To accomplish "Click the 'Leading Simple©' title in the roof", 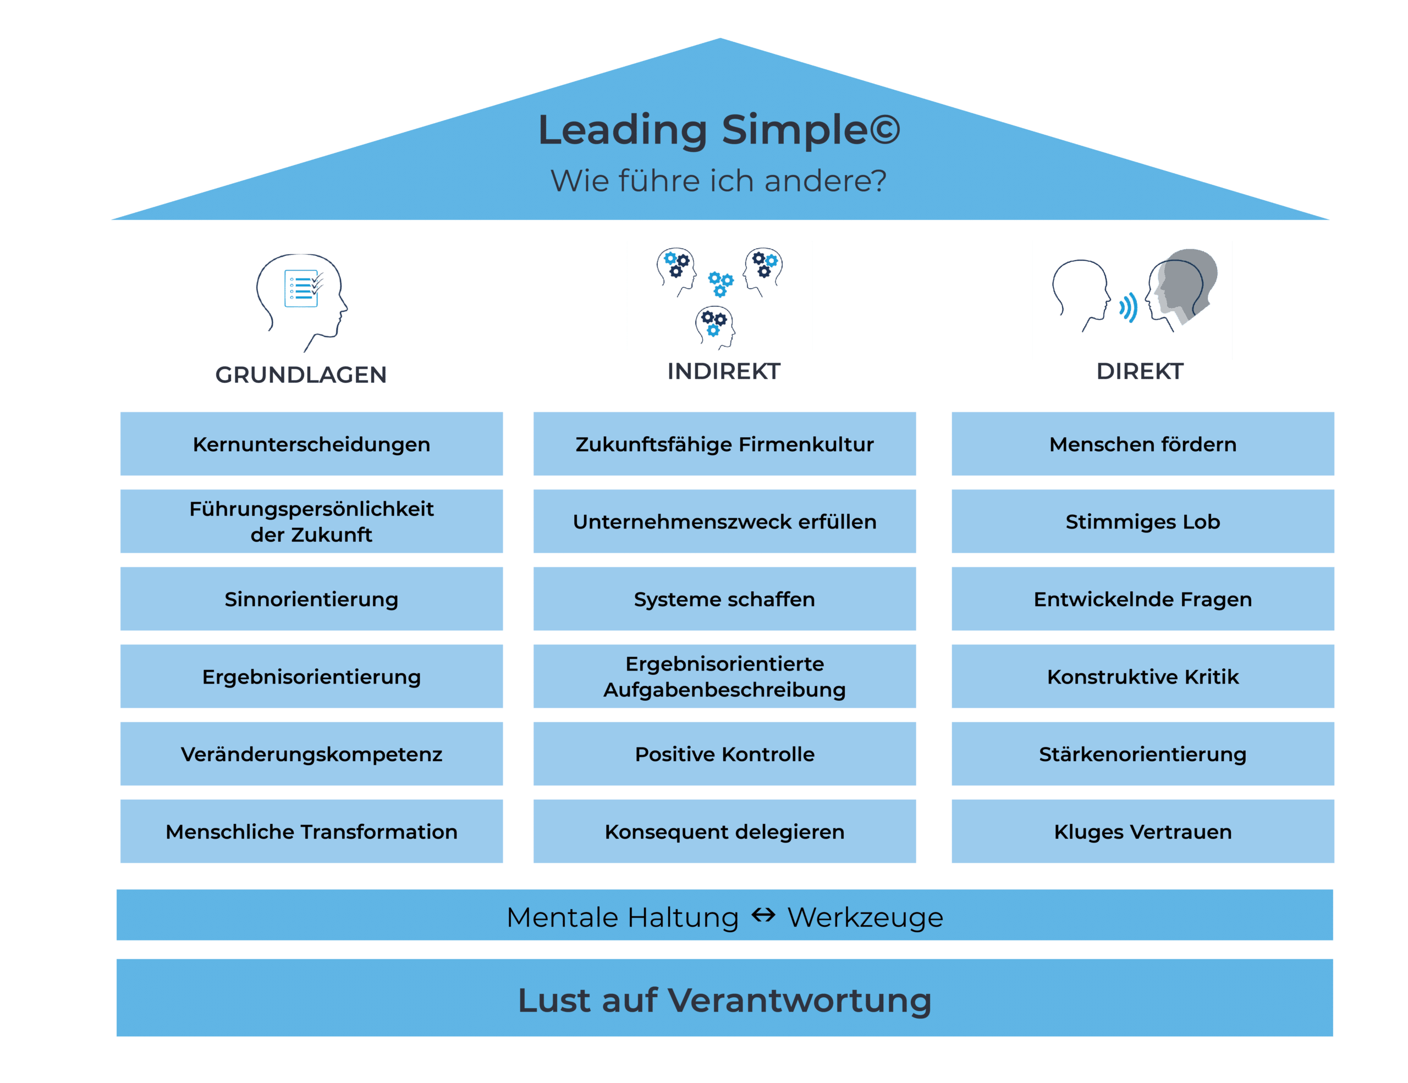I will coord(719,130).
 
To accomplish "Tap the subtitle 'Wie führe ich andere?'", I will coord(718,181).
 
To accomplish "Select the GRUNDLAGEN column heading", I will coord(301,375).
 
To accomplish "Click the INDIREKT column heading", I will coord(723,371).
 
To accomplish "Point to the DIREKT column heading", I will coord(1140,371).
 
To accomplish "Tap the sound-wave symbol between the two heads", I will coord(1128,307).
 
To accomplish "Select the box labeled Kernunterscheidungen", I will coord(311,444).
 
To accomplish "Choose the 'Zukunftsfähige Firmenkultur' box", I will coord(724,444).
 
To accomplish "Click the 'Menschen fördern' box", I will coord(1142,444).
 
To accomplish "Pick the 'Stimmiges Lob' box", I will coord(1142,521).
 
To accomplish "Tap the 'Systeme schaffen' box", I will coord(724,599).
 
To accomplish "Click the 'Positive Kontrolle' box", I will coord(724,754).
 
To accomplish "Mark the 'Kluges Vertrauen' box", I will coord(1142,832).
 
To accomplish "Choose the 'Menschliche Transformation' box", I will coord(311,832).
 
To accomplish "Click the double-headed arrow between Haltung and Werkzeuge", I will coord(763,915).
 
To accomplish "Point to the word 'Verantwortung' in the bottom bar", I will coord(799,1000).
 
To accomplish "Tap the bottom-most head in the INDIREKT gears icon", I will coord(715,325).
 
